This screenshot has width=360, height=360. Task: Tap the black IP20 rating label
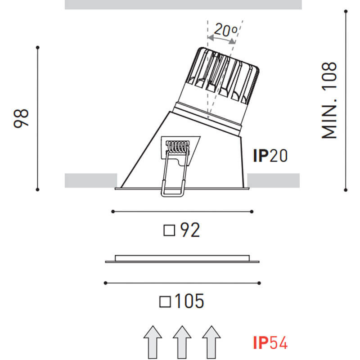point(270,156)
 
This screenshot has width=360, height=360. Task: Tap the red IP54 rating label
point(270,343)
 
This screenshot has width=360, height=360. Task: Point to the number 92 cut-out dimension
point(189,230)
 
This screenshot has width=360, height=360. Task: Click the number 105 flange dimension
point(189,301)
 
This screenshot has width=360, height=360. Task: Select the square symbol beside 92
point(169,231)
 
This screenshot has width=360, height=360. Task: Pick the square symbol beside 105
point(165,301)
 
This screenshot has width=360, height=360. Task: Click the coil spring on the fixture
point(179,146)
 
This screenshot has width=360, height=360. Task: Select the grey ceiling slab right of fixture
point(273,180)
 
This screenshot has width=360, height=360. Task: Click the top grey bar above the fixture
point(183,4)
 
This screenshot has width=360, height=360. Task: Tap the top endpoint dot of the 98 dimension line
point(38,47)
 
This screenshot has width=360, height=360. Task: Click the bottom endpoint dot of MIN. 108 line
point(346,189)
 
